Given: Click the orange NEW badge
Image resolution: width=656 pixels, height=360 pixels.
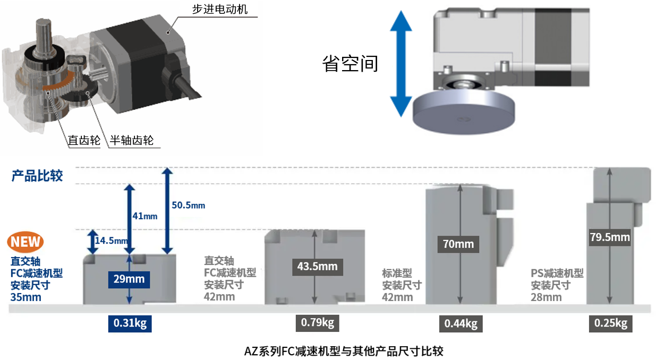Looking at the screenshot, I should (25, 242).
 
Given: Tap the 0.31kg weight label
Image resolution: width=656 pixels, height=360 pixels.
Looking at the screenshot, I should (130, 323).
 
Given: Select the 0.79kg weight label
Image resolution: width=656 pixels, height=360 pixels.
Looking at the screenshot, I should (317, 322).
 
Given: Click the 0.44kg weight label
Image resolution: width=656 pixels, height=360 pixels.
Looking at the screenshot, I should (461, 323).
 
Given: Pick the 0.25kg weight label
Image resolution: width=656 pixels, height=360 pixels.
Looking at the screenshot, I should (610, 323).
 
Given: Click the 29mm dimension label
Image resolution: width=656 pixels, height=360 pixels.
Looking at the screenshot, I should (129, 279).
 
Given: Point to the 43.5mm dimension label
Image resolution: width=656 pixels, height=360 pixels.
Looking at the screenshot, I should (317, 266).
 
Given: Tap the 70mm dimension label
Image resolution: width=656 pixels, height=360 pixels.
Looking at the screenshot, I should (458, 244).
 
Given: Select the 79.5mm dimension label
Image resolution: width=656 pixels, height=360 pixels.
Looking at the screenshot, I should (610, 237).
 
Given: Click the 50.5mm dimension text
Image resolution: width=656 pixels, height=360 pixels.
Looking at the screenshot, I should (189, 205).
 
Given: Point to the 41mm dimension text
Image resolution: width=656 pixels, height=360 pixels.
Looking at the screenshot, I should (144, 216).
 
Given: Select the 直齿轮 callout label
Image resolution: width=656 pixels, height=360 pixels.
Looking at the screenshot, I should (84, 141).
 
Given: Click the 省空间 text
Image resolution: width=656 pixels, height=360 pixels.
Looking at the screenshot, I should (351, 63).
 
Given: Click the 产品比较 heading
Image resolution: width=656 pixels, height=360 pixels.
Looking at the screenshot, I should (37, 176).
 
